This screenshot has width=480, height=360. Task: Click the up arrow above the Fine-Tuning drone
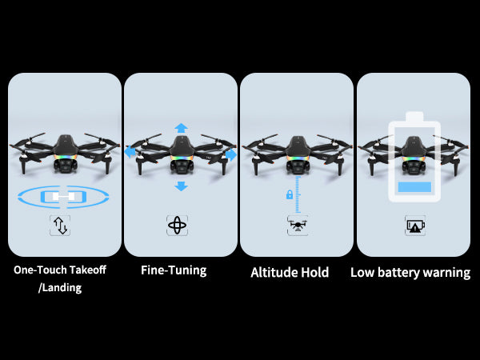(x=182, y=128)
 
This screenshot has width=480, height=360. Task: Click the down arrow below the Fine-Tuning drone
(x=182, y=186)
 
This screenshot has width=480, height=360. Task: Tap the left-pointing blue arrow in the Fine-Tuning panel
(x=130, y=152)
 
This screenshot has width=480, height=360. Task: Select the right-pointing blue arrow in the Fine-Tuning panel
(x=231, y=154)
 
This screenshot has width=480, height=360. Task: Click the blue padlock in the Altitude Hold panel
(x=290, y=194)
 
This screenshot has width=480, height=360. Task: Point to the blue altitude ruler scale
(x=298, y=194)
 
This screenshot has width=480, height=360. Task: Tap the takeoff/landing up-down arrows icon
(x=60, y=226)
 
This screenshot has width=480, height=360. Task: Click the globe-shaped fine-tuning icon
(x=177, y=226)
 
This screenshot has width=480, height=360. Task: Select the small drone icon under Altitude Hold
(x=298, y=226)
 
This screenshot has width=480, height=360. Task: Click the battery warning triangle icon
(x=415, y=226)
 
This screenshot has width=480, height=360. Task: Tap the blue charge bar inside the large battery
(x=414, y=186)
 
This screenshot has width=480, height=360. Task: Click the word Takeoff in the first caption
(x=87, y=270)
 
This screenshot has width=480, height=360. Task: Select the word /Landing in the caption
(x=60, y=288)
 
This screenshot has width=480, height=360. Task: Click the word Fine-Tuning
(x=174, y=270)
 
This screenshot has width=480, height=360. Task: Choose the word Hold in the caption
(x=315, y=273)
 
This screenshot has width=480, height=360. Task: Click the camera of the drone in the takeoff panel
(x=66, y=166)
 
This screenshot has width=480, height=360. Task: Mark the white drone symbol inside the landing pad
(x=63, y=197)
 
